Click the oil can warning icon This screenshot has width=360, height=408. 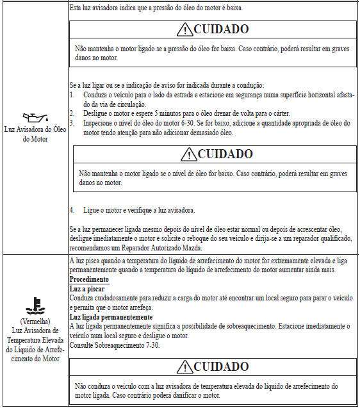tap(33, 117)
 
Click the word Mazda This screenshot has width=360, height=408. tap(192, 247)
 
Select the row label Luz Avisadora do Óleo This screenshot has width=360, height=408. tap(34, 131)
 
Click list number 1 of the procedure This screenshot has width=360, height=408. tap(72, 94)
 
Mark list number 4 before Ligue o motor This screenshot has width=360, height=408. tap(72, 210)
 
